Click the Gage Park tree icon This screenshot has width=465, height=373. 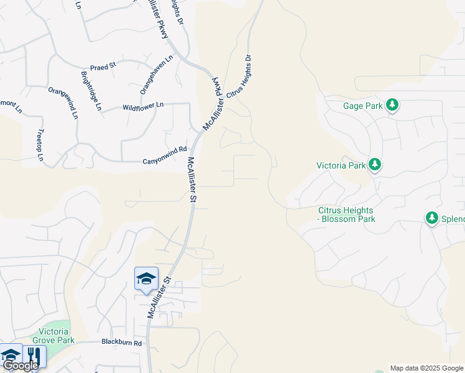[x=392, y=105]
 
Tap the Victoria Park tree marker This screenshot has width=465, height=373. [x=375, y=165]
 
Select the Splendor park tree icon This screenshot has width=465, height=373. [x=432, y=218]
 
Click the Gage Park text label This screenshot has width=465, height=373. [x=363, y=106]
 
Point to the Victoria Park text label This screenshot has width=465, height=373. [x=341, y=166]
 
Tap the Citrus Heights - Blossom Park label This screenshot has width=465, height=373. [x=347, y=214]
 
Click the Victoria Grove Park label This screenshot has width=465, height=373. [x=57, y=336]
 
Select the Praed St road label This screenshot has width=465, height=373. [x=103, y=66]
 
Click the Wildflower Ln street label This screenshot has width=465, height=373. [x=143, y=106]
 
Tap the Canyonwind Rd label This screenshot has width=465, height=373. [x=165, y=150]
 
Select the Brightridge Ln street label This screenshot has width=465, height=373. [x=91, y=91]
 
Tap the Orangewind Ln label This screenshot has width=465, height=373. [x=63, y=103]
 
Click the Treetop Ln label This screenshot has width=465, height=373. [x=40, y=145]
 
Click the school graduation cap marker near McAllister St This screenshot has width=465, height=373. [x=146, y=279]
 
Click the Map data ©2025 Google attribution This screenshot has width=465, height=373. [x=426, y=368]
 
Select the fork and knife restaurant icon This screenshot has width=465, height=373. [x=33, y=357]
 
